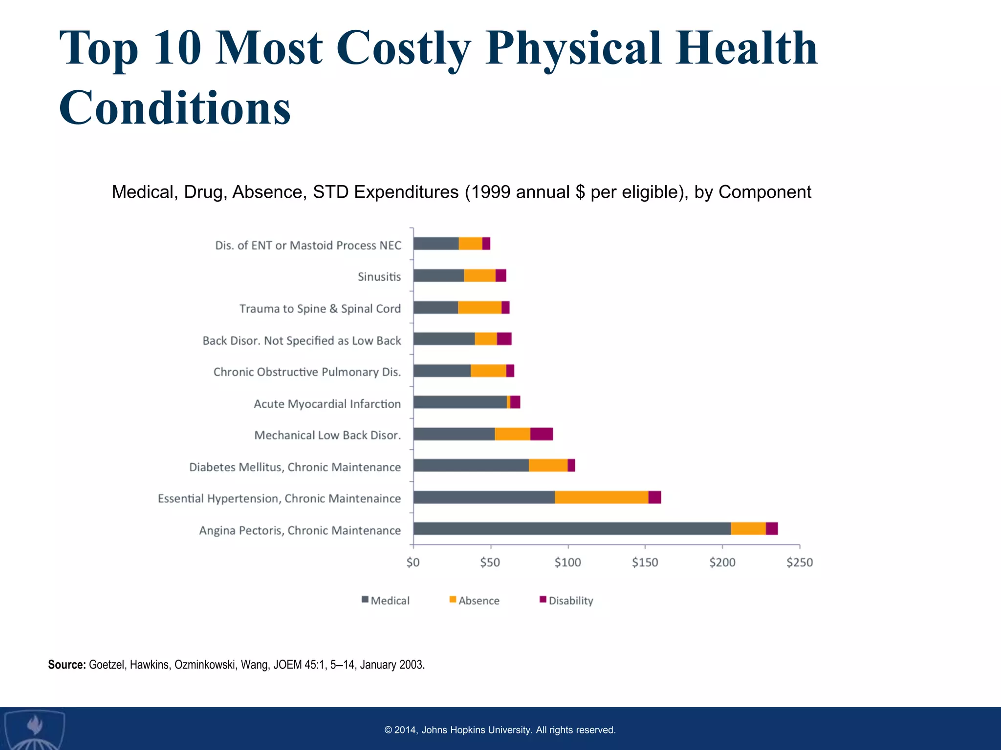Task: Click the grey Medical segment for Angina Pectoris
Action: tap(572, 529)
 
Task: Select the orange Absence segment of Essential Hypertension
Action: tap(601, 497)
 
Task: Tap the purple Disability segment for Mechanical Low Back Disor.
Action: tap(541, 434)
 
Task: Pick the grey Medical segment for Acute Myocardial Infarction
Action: tap(459, 402)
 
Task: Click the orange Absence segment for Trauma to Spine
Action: tap(479, 308)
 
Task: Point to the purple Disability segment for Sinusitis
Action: tap(500, 275)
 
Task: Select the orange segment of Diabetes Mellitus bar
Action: tap(548, 465)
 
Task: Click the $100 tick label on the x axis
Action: tap(567, 562)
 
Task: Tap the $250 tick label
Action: tap(799, 562)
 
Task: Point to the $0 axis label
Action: tap(413, 562)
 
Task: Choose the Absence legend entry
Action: tap(474, 601)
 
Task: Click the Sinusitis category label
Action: tap(379, 277)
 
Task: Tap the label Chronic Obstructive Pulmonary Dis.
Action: tap(307, 372)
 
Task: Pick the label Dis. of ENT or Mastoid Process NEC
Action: tap(308, 245)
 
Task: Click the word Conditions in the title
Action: tap(174, 107)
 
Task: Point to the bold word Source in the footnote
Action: tap(66, 665)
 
